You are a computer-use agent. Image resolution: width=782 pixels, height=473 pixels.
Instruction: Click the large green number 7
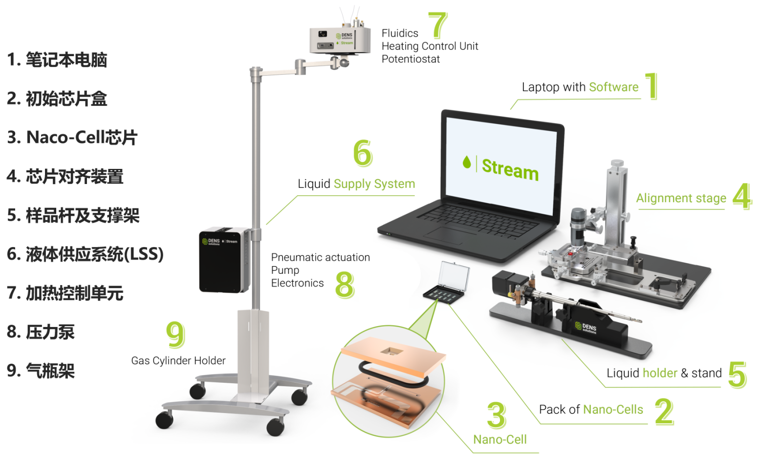point(438,25)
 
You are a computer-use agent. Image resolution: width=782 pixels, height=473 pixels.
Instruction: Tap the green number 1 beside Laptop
point(652,86)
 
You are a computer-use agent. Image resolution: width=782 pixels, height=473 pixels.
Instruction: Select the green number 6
point(363,153)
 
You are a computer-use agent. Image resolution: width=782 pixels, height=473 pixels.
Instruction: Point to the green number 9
point(175,334)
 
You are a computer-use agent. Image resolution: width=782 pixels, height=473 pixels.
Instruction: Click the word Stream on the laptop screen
point(510,169)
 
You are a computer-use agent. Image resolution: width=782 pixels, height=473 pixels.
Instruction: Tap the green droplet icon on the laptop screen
point(467,162)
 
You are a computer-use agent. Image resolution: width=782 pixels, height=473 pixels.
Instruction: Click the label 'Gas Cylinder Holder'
point(178,361)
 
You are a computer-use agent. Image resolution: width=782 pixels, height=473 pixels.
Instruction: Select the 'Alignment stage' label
point(681,198)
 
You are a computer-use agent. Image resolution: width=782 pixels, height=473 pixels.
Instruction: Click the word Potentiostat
point(411,59)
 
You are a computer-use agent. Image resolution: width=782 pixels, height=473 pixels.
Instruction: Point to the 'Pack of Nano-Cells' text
point(591,410)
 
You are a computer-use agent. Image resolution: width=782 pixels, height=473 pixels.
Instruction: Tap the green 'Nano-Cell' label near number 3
point(500,439)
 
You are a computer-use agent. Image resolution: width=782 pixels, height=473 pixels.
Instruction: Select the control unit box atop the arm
point(339,39)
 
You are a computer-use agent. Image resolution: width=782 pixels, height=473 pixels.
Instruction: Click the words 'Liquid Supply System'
point(356,184)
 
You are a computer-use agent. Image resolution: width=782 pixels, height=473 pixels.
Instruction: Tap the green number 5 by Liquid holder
point(737,374)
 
